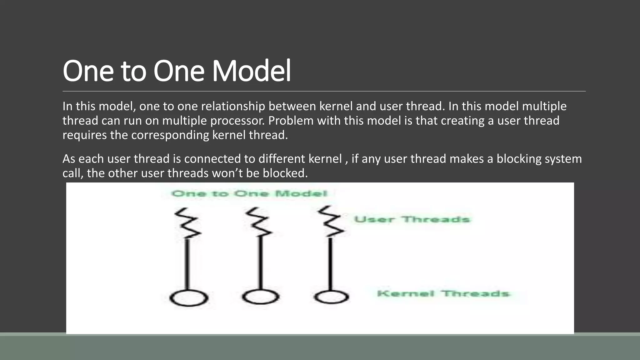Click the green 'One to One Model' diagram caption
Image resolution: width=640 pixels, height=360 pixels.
click(x=249, y=194)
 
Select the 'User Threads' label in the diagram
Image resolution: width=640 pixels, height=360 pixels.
click(x=412, y=219)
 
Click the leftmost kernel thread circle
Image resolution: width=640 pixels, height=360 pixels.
click(x=189, y=298)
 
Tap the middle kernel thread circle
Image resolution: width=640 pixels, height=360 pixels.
click(x=260, y=297)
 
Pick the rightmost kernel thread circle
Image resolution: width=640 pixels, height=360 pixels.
click(x=331, y=297)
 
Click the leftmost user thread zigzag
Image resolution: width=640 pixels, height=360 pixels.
click(x=187, y=223)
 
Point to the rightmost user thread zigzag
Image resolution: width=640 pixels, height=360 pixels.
click(x=331, y=221)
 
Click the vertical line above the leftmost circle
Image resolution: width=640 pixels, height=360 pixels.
click(x=188, y=264)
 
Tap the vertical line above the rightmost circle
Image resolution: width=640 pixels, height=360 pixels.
click(x=331, y=264)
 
